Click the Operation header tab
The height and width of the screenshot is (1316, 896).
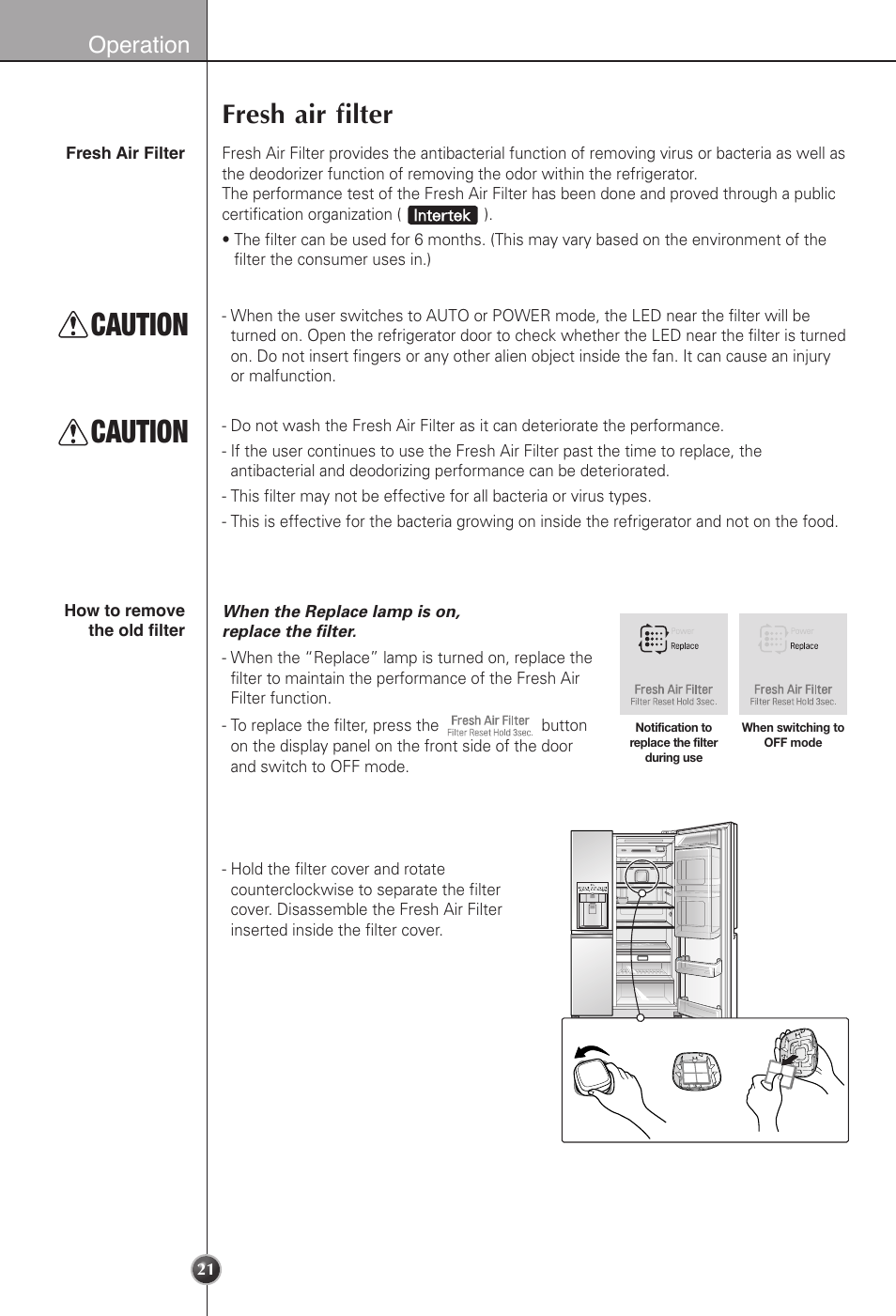[x=138, y=44]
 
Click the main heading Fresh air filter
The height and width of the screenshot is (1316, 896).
[x=307, y=115]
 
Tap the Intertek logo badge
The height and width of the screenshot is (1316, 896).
[x=442, y=215]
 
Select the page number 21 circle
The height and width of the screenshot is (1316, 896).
[x=206, y=1270]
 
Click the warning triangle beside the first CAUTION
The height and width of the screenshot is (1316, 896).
[x=72, y=325]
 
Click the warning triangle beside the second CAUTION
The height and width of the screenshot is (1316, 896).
[x=72, y=432]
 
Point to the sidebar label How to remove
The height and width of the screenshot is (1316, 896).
[x=124, y=611]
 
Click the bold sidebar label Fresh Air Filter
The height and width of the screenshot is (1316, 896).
[x=125, y=153]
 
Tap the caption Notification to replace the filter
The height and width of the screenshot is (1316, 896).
[x=673, y=742]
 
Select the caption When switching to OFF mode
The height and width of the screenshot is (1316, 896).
[x=793, y=735]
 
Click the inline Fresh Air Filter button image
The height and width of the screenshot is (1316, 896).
[x=489, y=725]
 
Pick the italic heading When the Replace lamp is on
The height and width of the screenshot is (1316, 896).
[x=341, y=612]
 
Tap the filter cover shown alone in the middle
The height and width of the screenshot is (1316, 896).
[x=696, y=1070]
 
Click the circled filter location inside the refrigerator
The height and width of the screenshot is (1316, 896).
[x=642, y=875]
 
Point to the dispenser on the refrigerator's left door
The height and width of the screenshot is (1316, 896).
[x=592, y=904]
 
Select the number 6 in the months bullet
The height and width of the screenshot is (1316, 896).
[x=419, y=240]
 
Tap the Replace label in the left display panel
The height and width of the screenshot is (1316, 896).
[x=684, y=646]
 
